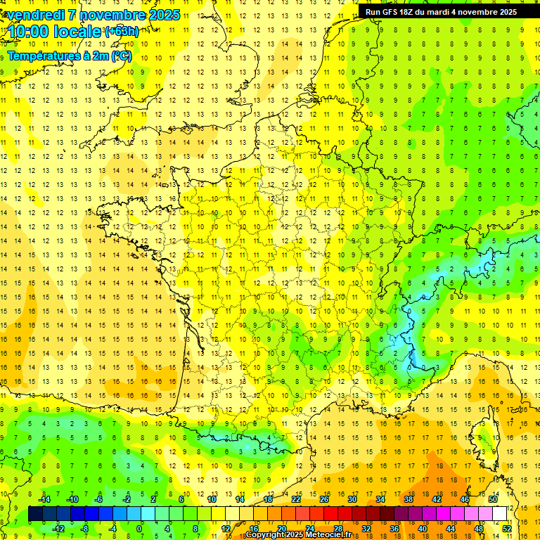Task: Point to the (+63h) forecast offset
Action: pyautogui.click(x=122, y=31)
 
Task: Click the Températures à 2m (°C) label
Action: pyautogui.click(x=70, y=56)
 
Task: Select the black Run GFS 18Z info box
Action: pyautogui.click(x=441, y=11)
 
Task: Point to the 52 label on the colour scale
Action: pyautogui.click(x=507, y=529)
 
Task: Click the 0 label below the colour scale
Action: pyautogui.click(x=139, y=529)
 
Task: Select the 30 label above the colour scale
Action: pyautogui.click(x=352, y=499)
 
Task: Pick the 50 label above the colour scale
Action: pyautogui.click(x=492, y=499)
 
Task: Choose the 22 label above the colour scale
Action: pyautogui.click(x=296, y=499)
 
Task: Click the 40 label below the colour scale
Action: pyautogui.click(x=423, y=529)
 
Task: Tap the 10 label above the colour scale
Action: pyautogui.click(x=211, y=499)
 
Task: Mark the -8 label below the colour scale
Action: pyautogui.click(x=85, y=529)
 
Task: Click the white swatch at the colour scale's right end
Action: pyautogui.click(x=500, y=514)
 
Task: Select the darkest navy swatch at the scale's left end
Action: pyautogui.click(x=35, y=514)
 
